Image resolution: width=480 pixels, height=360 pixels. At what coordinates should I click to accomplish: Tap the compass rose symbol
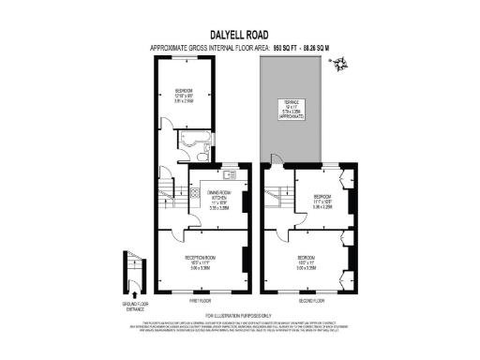point(345,65)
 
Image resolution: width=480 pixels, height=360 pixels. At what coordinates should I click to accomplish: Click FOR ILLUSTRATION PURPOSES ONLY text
point(239,314)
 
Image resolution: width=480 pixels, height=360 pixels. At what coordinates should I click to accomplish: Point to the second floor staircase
point(277,197)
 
